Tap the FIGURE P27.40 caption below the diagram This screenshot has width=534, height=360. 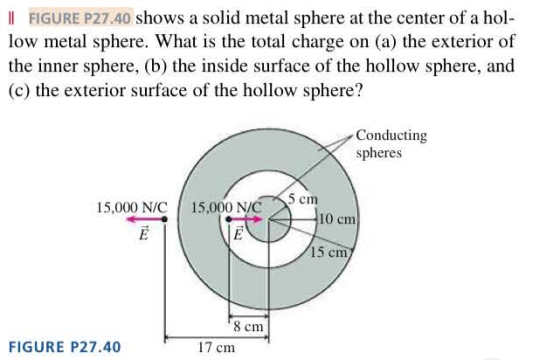point(63,347)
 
